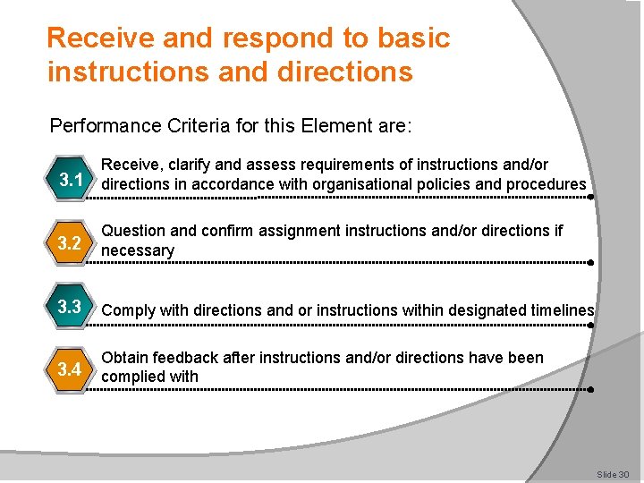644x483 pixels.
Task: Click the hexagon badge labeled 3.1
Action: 71,180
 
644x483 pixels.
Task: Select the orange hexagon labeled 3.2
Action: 71,242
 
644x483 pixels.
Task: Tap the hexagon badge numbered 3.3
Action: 71,307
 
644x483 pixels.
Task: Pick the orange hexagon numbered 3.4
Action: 71,369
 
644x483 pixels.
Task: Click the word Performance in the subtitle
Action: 106,125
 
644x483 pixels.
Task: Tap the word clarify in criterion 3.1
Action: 190,165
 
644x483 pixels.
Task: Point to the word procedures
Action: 546,184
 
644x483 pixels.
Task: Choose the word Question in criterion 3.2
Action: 134,231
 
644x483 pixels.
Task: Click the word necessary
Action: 138,250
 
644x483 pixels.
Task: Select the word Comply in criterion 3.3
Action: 128,310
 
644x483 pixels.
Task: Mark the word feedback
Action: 190,358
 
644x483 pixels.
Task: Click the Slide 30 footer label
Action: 614,473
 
